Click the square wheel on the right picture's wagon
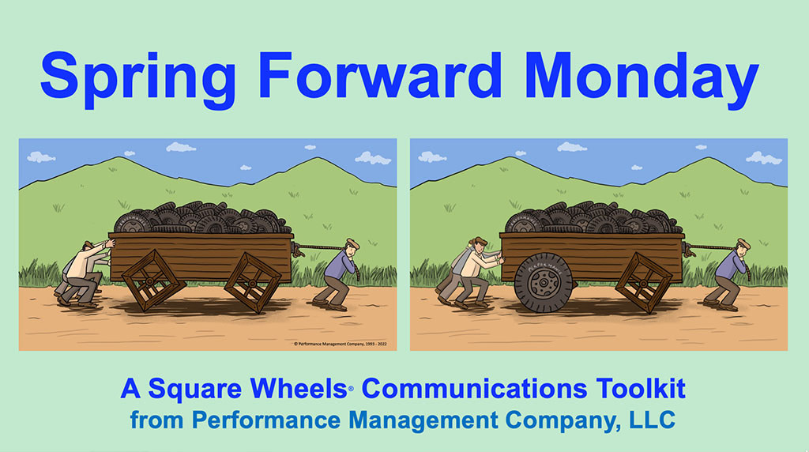click(x=643, y=281)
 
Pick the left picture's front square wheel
click(x=253, y=281)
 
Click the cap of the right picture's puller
click(x=743, y=243)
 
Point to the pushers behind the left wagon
click(x=82, y=273)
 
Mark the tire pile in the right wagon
click(x=593, y=218)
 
